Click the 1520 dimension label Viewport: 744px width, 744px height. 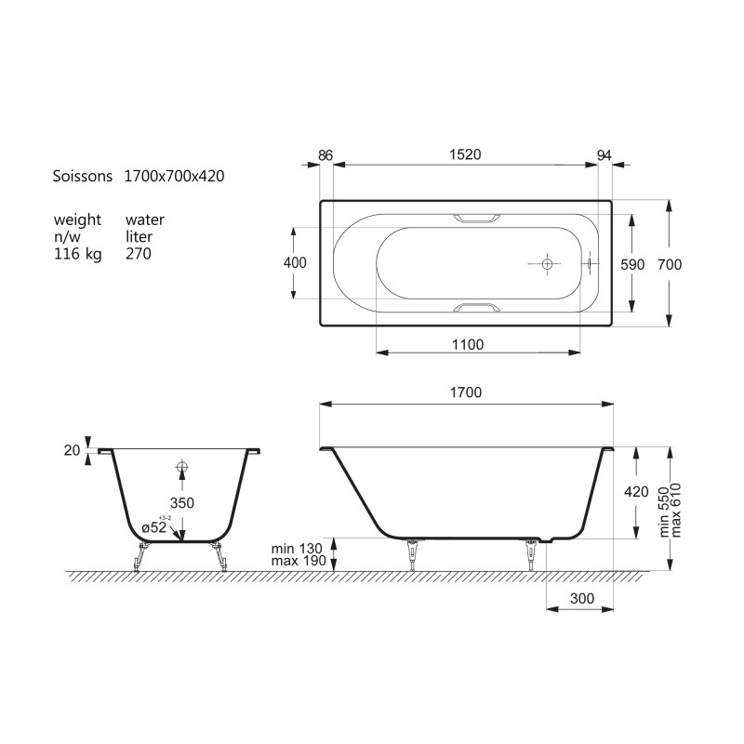click(x=465, y=154)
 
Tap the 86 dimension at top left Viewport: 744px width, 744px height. click(x=325, y=155)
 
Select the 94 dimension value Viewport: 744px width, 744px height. click(x=604, y=155)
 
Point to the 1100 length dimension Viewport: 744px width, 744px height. click(x=468, y=344)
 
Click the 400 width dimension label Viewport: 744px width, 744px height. click(x=295, y=262)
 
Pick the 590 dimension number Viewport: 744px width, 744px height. click(x=632, y=264)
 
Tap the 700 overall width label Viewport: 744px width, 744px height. click(x=670, y=264)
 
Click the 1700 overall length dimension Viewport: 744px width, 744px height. click(x=466, y=392)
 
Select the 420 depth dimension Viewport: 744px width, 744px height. click(x=636, y=492)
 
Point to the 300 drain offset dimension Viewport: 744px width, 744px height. click(x=582, y=598)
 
